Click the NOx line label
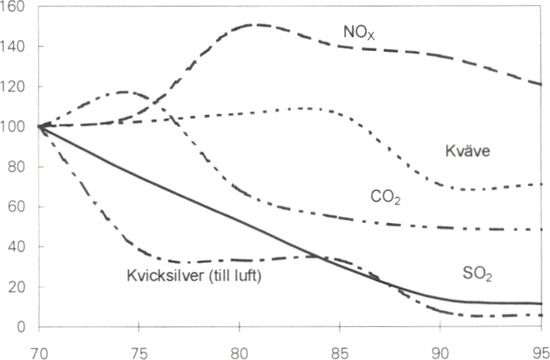tap(358, 31)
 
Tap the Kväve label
tap(467, 151)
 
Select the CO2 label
tap(385, 199)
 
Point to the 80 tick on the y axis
tap(18, 167)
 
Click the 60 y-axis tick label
tap(18, 206)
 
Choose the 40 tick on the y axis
tap(18, 246)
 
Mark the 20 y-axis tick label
tap(18, 286)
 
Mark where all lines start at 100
tap(39, 126)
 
